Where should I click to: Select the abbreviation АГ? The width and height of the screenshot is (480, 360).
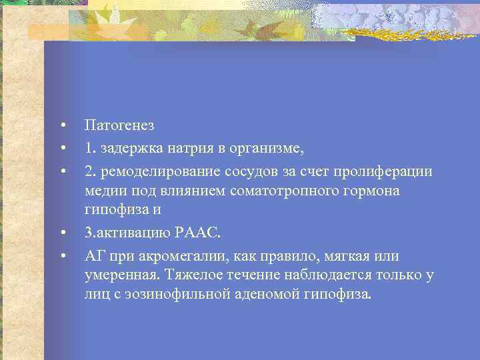(x=93, y=256)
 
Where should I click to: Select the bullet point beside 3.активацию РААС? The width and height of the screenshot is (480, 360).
(x=61, y=234)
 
